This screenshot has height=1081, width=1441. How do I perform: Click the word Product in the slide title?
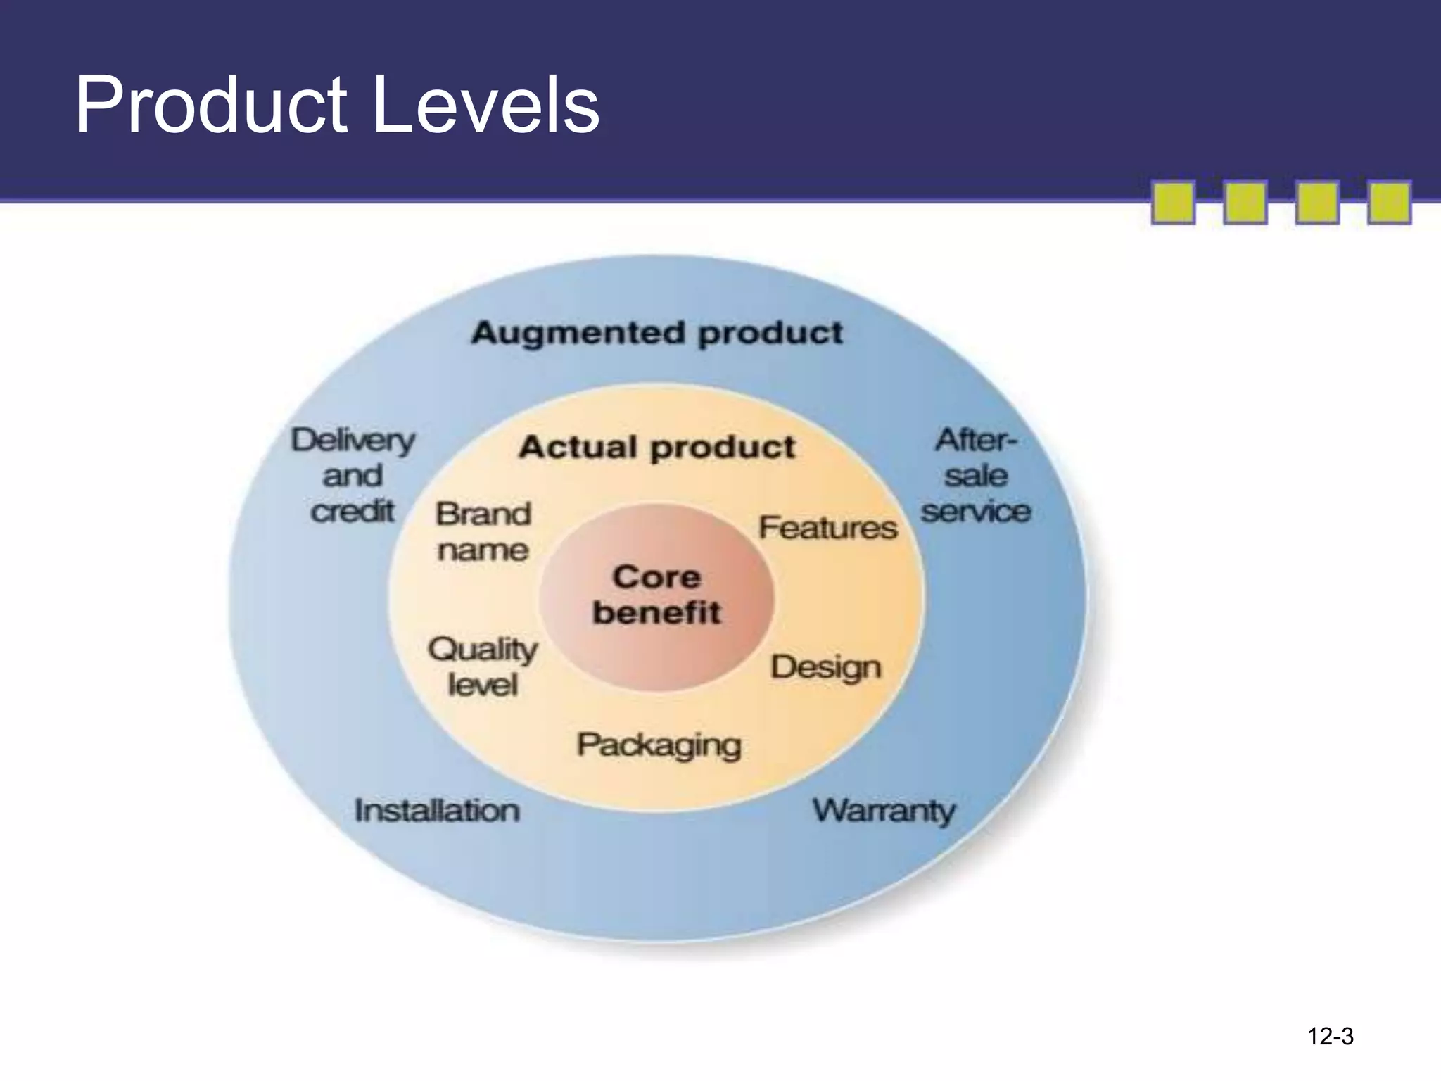coord(211,106)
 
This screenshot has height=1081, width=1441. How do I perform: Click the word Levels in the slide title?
coord(485,106)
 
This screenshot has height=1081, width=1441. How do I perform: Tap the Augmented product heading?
coord(656,333)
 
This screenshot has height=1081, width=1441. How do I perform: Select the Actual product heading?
coord(656,448)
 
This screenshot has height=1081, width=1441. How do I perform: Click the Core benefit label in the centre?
coord(656,595)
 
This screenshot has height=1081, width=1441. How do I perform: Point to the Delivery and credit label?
coord(353,476)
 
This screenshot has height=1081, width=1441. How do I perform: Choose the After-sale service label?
coord(975,476)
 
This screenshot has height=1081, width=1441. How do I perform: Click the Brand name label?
coord(483,532)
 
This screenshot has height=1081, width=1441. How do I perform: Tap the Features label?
coord(827,528)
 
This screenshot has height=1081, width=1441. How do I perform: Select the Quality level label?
coord(483,666)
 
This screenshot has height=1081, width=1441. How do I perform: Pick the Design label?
coord(825,667)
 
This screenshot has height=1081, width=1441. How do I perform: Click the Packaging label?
coord(659,745)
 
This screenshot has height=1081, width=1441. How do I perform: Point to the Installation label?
coord(437,811)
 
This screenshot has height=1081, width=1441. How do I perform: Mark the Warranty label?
coord(884,811)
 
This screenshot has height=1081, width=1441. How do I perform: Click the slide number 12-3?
coord(1330,1036)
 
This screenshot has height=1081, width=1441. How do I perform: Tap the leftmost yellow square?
coord(1173,203)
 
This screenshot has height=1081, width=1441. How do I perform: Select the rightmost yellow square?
coord(1389,203)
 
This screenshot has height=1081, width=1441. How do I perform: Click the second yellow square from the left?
coord(1245,203)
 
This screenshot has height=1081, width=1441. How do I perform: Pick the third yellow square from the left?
coord(1317,203)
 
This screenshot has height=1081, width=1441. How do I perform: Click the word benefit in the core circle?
coord(656,612)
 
